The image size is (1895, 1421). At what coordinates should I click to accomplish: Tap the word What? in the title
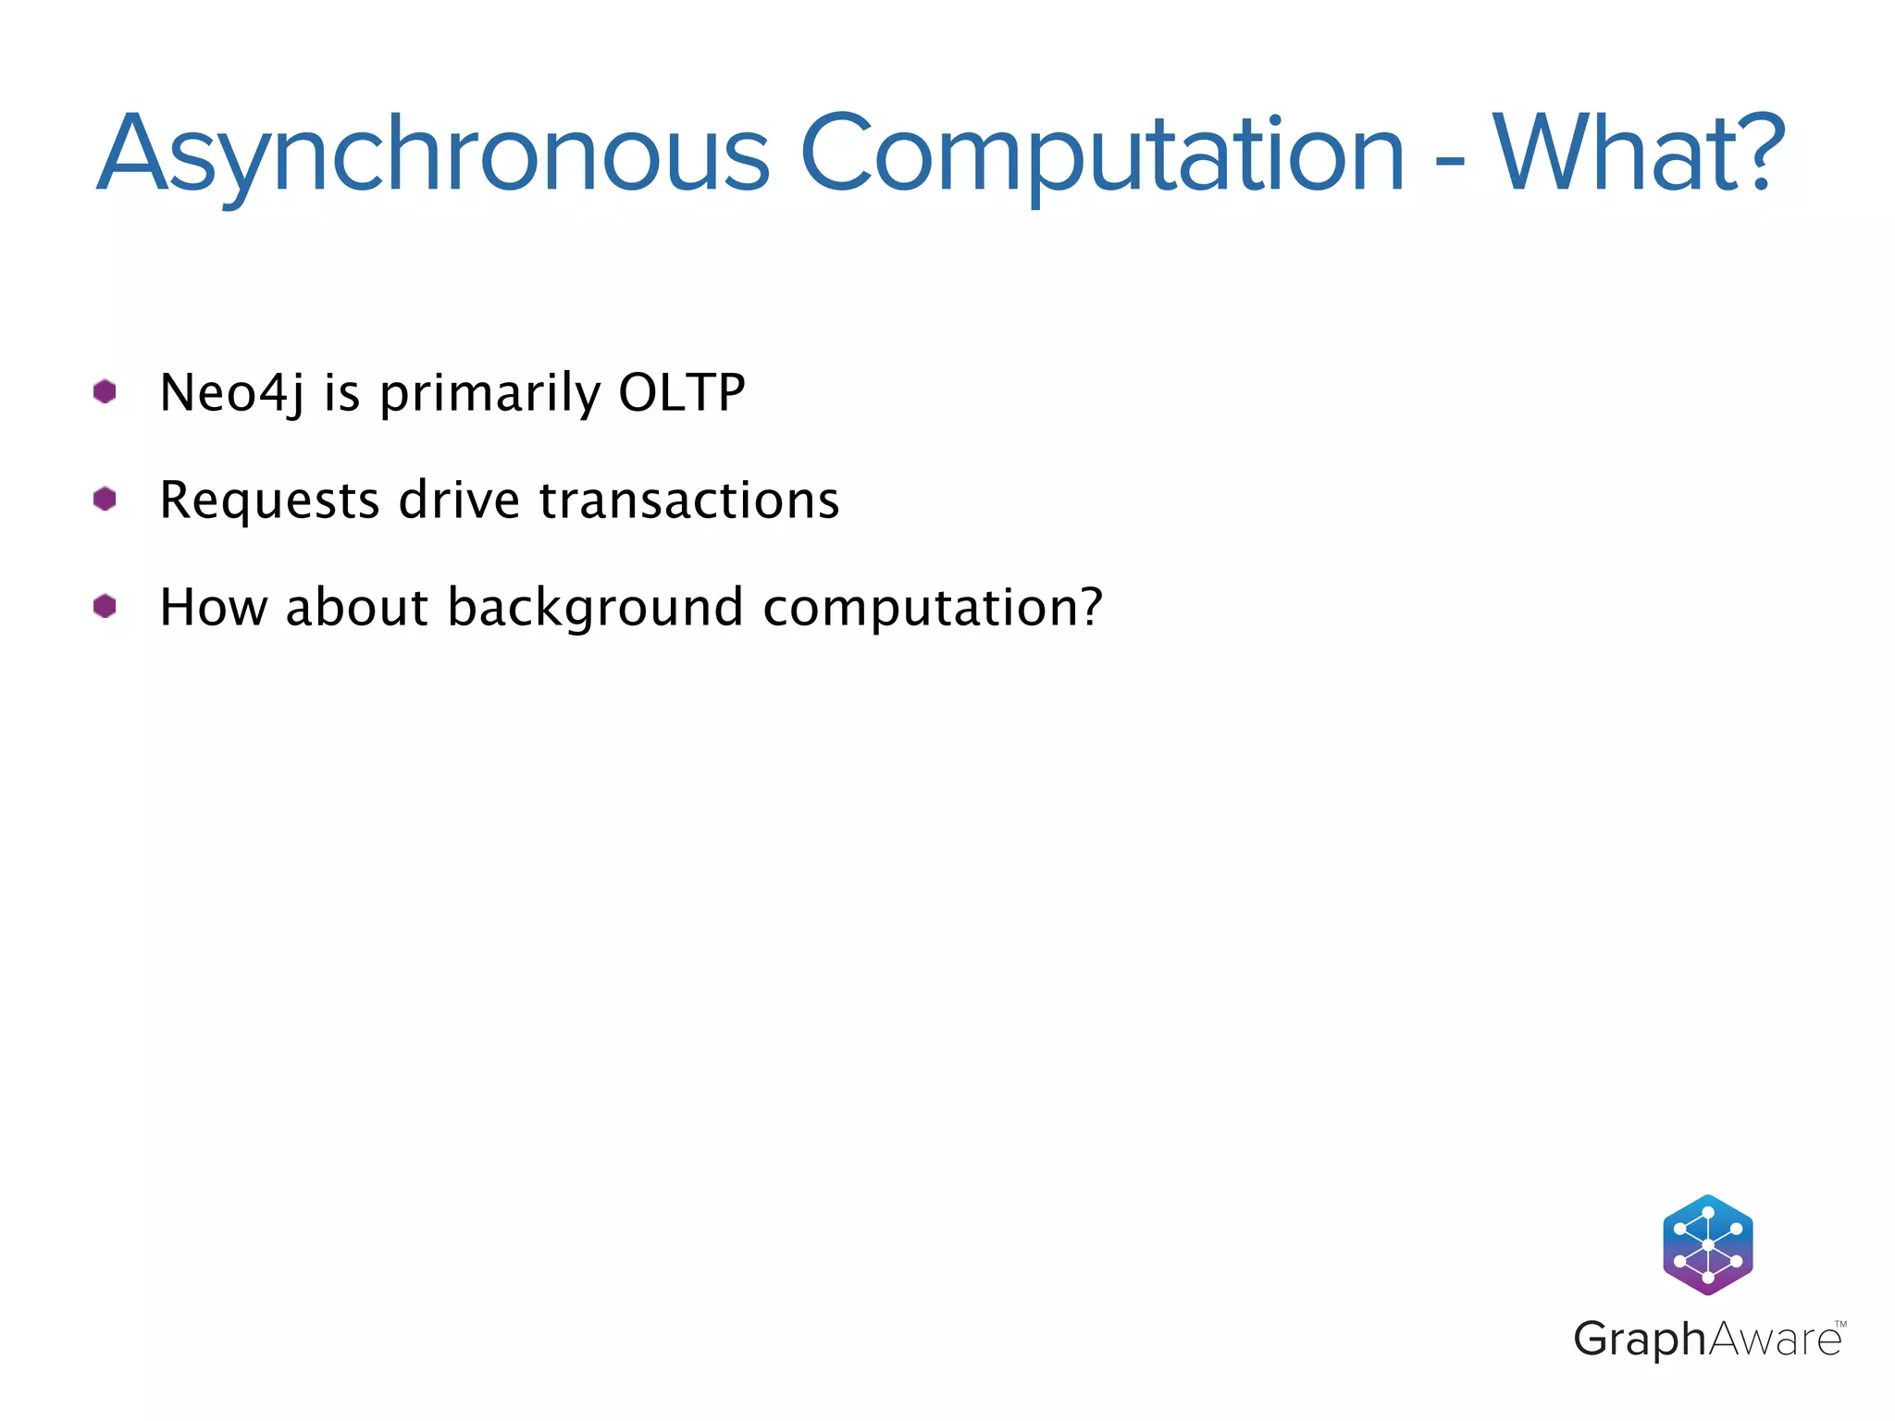(1638, 154)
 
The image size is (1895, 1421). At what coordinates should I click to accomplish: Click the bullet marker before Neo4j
(105, 392)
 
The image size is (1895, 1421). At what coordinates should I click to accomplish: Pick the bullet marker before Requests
(105, 500)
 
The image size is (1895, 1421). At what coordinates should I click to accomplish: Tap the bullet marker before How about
(105, 607)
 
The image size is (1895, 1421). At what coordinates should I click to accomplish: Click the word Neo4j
(231, 393)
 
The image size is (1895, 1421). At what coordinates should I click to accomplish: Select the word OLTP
(682, 392)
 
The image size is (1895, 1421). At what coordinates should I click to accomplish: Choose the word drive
(459, 500)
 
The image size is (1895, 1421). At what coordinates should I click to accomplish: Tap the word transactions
(689, 500)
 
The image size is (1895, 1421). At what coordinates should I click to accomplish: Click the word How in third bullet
(214, 608)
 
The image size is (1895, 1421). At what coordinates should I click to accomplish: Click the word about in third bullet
(357, 608)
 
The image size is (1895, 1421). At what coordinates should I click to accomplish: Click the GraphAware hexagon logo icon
(1707, 1244)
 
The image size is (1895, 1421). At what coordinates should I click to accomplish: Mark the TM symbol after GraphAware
(1840, 1325)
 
